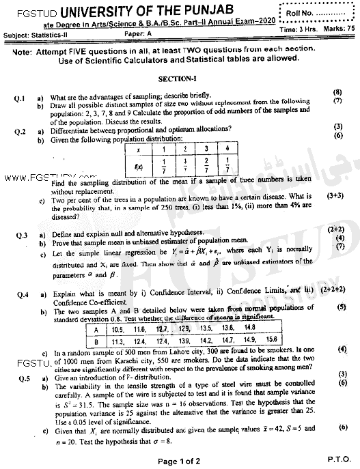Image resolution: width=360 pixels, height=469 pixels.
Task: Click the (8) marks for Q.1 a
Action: pos(337,91)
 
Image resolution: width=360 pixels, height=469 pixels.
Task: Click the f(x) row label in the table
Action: pos(139,165)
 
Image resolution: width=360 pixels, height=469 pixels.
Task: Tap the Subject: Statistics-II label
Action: pos(41,33)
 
